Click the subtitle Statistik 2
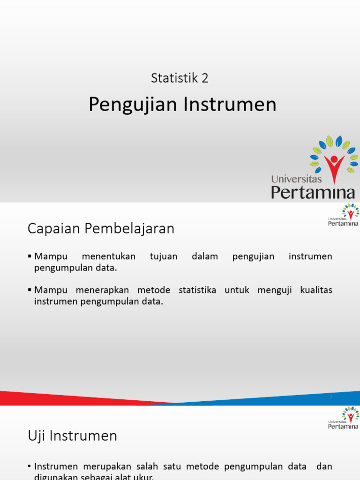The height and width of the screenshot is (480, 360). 180,78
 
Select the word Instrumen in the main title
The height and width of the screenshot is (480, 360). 230,105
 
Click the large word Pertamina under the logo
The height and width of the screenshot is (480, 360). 313,191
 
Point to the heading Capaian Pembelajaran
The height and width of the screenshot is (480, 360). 101,229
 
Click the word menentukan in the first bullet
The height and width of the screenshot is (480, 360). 108,256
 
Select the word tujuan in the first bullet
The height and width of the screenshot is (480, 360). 164,256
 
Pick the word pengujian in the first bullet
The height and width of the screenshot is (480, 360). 253,256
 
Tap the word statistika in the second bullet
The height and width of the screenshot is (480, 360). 197,290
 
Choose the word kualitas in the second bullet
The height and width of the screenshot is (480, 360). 316,290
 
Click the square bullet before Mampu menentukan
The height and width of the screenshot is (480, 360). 30,256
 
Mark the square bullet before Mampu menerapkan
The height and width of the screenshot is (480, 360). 30,290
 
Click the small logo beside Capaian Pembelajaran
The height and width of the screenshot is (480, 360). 344,215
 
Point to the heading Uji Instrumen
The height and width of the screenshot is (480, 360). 72,436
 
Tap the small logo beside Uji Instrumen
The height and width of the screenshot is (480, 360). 344,418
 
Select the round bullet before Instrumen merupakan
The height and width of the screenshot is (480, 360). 30,467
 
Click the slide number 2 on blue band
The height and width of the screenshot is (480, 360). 331,397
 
